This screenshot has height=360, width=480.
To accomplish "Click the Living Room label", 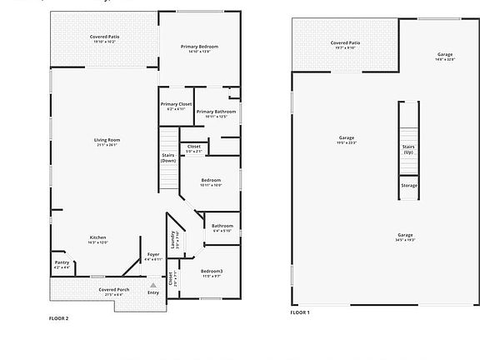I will point(107,140).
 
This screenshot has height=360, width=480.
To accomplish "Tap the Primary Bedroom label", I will point(200,47).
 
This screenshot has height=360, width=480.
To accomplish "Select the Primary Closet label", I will point(176,104).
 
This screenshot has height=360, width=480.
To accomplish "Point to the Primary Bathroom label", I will point(216,112).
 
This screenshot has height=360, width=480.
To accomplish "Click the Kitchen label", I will point(98,237).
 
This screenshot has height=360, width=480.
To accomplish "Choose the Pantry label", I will point(62,262).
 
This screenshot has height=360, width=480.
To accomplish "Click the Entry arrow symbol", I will point(152,285).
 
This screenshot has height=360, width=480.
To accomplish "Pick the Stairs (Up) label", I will point(408,149).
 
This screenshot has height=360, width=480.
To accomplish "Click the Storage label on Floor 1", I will point(408,186).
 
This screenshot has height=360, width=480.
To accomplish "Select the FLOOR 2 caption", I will point(59,318).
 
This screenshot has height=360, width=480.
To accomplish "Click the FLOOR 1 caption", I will point(300,312).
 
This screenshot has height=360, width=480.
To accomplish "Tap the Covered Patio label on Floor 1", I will point(345,42).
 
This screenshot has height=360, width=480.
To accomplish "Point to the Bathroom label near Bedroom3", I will point(222,226).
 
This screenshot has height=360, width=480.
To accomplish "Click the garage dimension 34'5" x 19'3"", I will point(406,240).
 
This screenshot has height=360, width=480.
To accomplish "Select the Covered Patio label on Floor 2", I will point(104,37).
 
